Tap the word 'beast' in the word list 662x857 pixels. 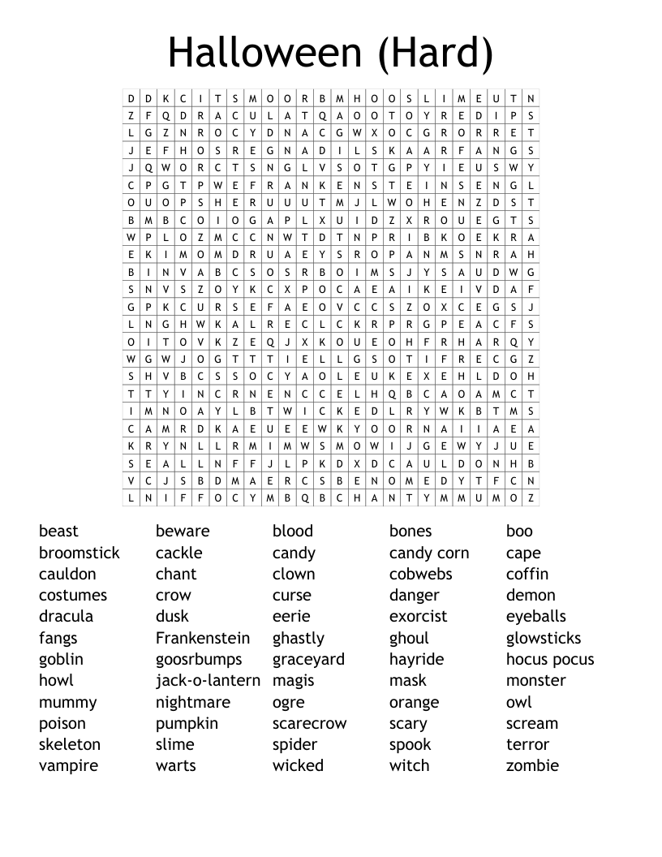pos(58,531)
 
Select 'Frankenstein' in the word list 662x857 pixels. pos(203,638)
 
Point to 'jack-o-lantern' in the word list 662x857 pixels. pos(208,680)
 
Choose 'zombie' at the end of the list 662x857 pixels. pos(532,765)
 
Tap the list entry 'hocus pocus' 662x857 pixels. pos(550,659)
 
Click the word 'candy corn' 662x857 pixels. pos(429,553)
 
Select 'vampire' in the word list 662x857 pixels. pos(68,765)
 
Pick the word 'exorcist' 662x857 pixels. pos(418,616)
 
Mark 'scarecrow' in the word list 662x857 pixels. pos(309,723)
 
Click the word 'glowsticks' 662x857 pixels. pos(544,638)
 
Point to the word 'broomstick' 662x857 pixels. pos(79,553)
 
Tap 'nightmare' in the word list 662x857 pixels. pos(193,702)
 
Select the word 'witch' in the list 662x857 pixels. pos(409,765)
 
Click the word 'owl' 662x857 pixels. pos(518,702)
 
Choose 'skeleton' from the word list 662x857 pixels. pos(70,744)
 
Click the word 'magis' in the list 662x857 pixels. pos(293,680)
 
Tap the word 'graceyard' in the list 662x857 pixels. pos(308,659)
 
